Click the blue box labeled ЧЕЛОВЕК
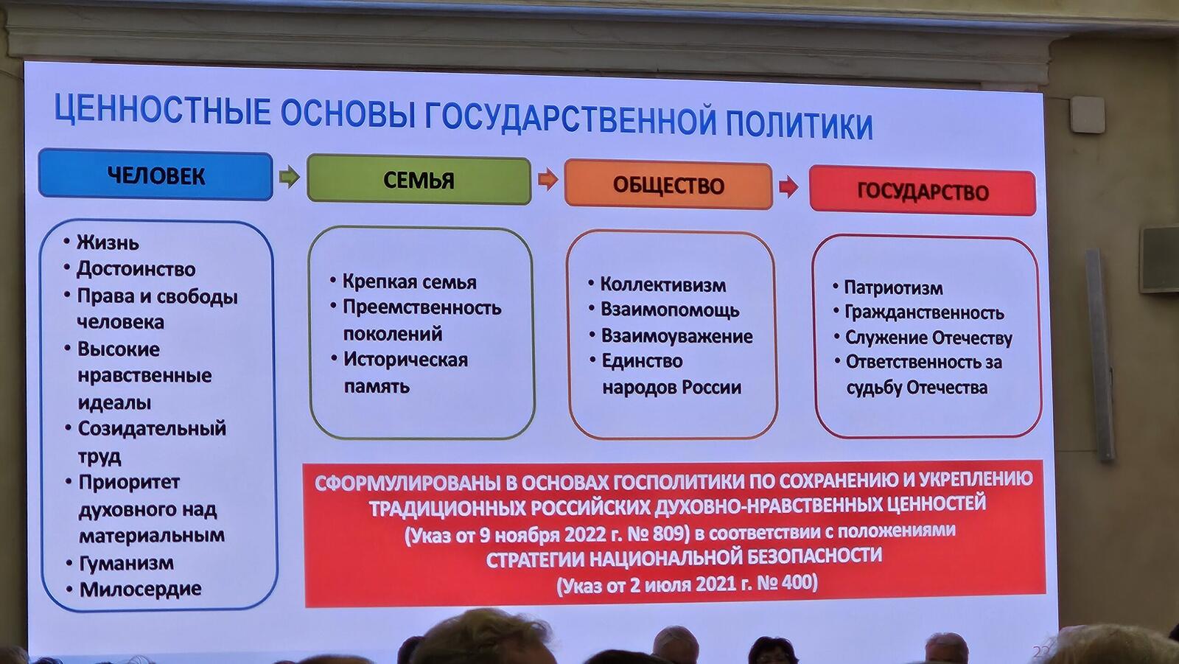(x=155, y=175)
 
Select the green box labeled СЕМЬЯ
(x=419, y=180)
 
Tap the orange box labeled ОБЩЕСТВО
(x=668, y=185)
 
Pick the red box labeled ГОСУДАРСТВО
(x=923, y=191)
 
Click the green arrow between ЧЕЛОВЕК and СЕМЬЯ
(x=290, y=176)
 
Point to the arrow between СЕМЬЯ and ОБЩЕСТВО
(x=548, y=180)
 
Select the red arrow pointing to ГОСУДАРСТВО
(x=788, y=186)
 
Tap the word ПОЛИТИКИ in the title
(x=799, y=125)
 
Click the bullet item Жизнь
(x=108, y=242)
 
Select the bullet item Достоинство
(x=136, y=269)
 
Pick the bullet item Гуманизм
(x=126, y=563)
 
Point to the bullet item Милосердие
(x=141, y=589)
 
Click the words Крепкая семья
(x=410, y=282)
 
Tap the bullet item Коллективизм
(x=663, y=285)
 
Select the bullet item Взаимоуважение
(x=677, y=336)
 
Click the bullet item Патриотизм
(x=893, y=287)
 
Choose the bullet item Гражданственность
(x=924, y=312)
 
